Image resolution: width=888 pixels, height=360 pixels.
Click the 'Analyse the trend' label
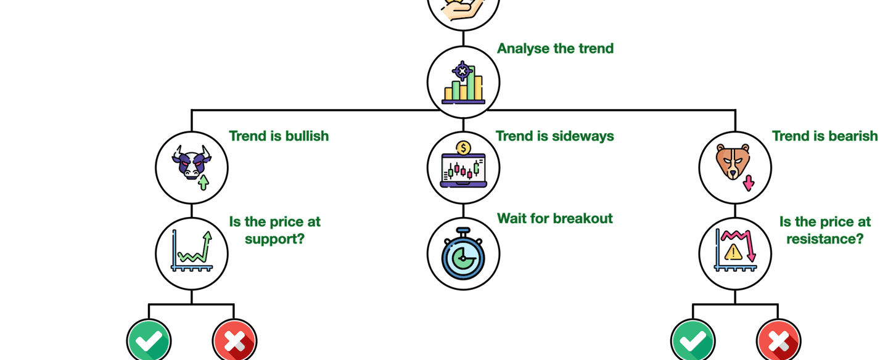[x=555, y=49]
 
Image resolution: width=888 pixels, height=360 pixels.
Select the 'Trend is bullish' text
[x=279, y=136]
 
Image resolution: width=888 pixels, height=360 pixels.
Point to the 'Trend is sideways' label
[x=554, y=136]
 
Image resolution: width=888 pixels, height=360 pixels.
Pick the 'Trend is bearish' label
[x=824, y=136]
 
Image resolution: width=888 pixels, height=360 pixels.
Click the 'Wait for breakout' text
[x=554, y=219]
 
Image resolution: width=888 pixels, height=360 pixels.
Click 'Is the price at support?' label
[x=275, y=229]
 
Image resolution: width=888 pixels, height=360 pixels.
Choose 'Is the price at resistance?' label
[x=824, y=229]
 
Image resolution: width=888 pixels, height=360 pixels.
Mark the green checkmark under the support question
[x=149, y=340]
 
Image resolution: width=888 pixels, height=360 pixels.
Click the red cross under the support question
[x=235, y=340]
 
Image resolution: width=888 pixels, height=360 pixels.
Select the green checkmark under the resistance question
[x=693, y=340]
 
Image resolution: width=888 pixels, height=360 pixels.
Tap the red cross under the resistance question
[x=779, y=340]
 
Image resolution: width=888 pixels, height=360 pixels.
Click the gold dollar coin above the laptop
[x=464, y=148]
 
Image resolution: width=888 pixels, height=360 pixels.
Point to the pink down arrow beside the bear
[x=749, y=182]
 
